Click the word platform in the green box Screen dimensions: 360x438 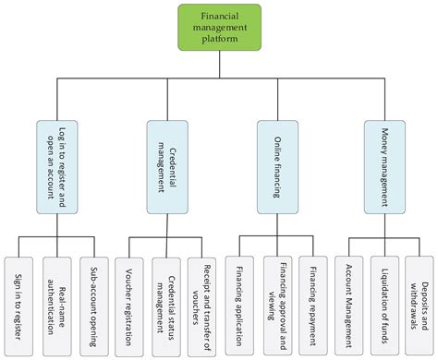[218, 40]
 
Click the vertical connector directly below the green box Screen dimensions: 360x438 [218, 65]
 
